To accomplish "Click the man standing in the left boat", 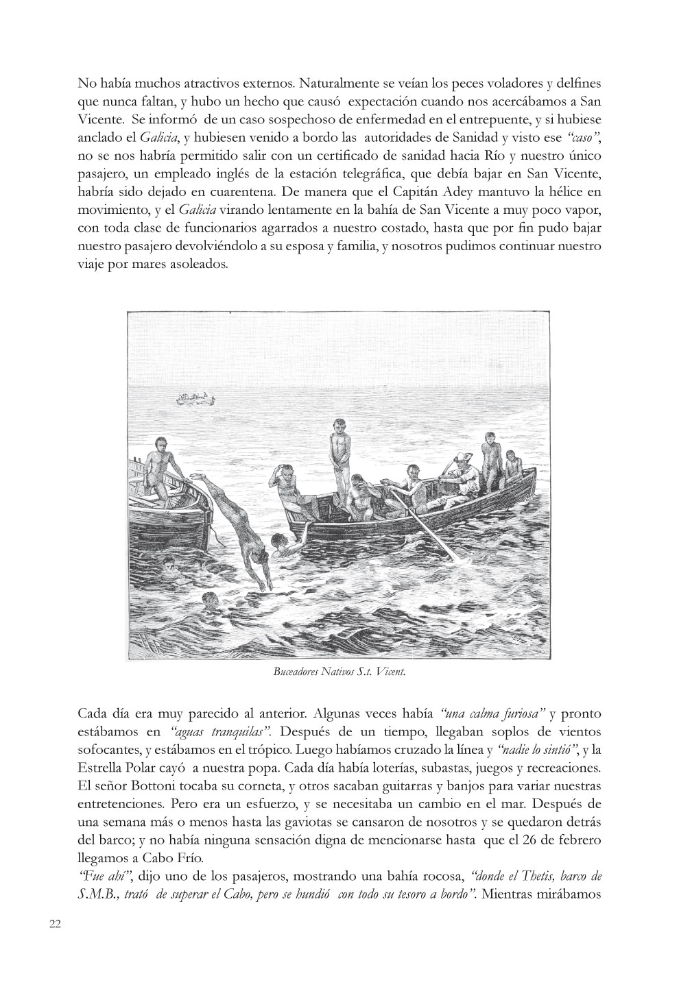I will (x=159, y=466).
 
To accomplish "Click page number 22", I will (x=56, y=923).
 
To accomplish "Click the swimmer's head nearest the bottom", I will (x=209, y=598).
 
